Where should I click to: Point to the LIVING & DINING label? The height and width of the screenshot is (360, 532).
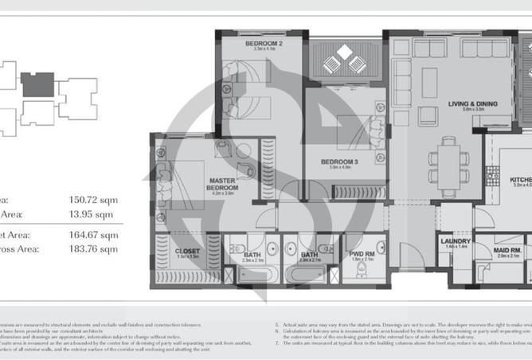(x=472, y=104)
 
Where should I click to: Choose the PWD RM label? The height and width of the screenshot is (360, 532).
(x=362, y=255)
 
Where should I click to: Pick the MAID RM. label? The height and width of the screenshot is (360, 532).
(x=507, y=252)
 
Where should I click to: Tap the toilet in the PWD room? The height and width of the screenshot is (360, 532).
(x=361, y=274)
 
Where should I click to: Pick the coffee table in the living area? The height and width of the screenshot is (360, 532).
(x=430, y=82)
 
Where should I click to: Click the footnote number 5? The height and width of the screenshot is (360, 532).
(x=276, y=325)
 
